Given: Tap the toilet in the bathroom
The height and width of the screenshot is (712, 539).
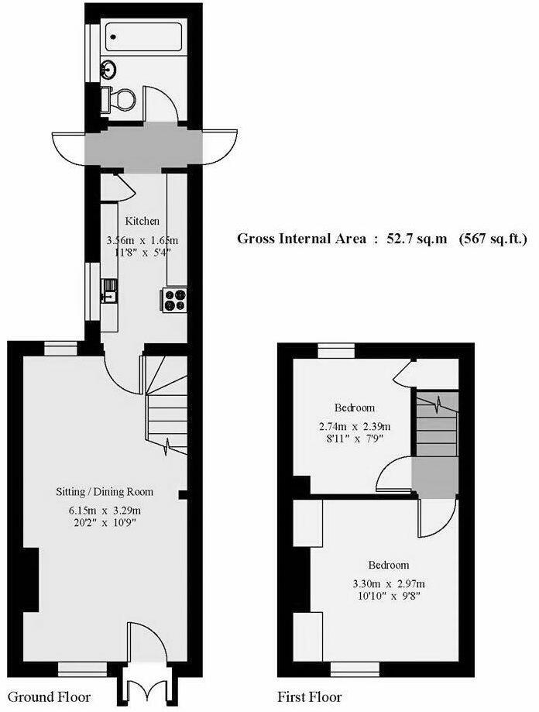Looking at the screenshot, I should (x=122, y=98).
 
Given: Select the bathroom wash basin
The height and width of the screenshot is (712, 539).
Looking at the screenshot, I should (x=110, y=69).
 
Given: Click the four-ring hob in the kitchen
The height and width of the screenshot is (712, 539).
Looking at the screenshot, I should (x=173, y=299).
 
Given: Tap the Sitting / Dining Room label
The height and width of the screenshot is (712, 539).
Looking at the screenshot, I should (x=105, y=491).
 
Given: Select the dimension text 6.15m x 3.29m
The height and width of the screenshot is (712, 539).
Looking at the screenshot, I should (x=105, y=509).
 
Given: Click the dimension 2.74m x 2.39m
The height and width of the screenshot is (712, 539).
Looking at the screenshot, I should (x=354, y=426).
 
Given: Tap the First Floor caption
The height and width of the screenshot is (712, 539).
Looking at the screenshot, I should (x=310, y=697).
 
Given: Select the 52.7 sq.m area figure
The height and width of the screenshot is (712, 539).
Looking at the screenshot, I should (x=417, y=239).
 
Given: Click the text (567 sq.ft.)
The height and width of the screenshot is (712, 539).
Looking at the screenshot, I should (x=493, y=239).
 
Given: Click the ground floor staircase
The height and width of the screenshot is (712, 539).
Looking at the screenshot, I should (x=167, y=411).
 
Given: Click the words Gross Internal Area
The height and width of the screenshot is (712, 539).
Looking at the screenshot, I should (x=301, y=239).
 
